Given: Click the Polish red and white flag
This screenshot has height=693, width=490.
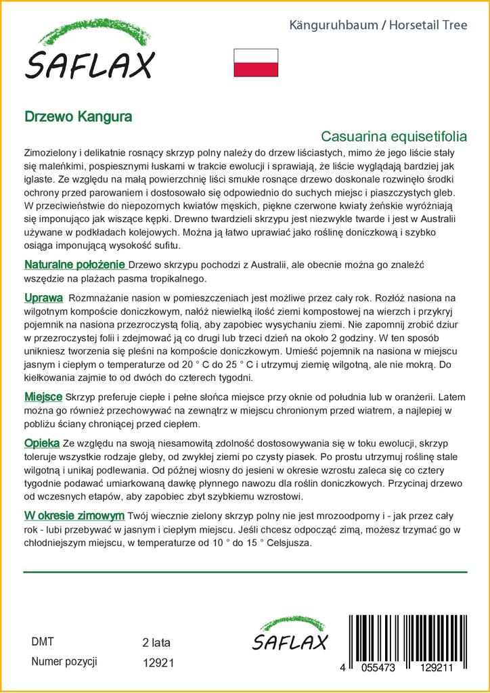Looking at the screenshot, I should click(256, 62).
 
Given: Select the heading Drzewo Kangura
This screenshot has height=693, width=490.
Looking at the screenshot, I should click(79, 116).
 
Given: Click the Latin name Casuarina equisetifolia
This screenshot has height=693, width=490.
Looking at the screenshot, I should click(394, 136).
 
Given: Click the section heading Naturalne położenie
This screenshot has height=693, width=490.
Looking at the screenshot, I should click(74, 264).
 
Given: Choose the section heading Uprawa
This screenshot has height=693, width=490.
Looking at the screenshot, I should click(44, 298).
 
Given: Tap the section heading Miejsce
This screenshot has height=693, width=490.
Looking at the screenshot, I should click(43, 396).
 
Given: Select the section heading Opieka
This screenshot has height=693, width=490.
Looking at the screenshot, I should click(42, 443).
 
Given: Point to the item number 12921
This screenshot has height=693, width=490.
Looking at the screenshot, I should click(159, 663).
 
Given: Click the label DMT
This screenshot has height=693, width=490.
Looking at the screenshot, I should click(43, 642).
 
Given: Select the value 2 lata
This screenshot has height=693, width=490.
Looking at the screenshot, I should click(157, 642).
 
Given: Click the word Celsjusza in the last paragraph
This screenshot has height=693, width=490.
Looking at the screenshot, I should click(286, 543).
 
